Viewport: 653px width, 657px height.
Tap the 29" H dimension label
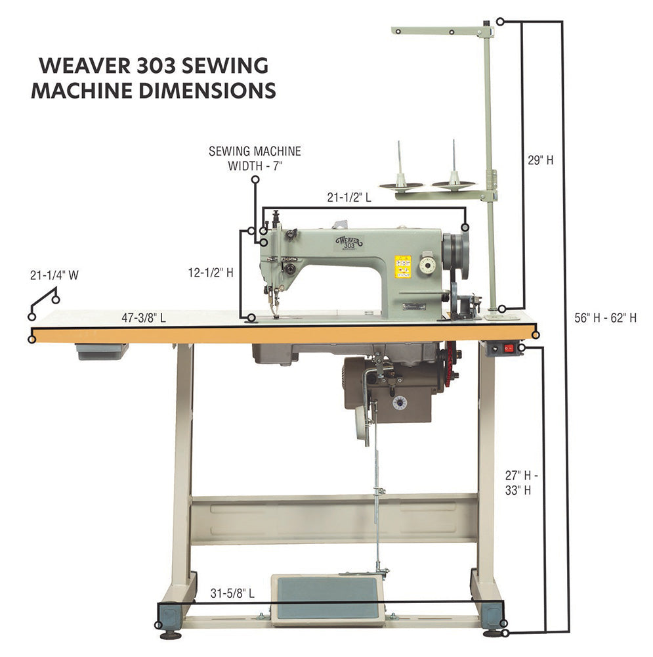tap(540, 160)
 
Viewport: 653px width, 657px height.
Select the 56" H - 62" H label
tap(605, 318)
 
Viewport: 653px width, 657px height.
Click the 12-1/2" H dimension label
tap(210, 272)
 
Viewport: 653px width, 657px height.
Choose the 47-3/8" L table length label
tap(144, 318)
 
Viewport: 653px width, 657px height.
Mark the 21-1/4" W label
tap(54, 276)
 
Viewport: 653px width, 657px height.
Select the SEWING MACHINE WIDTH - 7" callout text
tap(255, 158)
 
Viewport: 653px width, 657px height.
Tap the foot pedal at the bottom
tap(327, 599)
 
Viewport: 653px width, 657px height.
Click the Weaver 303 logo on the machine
tap(348, 242)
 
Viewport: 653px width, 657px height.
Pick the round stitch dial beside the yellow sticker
tap(427, 265)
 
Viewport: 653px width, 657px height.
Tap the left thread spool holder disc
tap(401, 186)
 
